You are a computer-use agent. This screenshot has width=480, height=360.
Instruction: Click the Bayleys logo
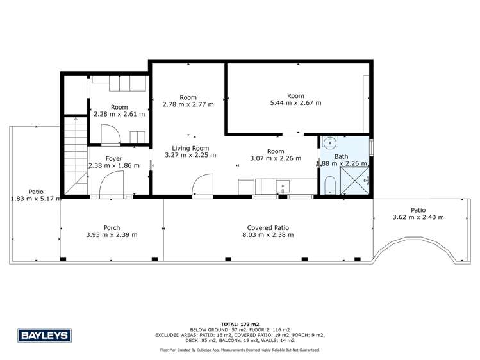click(44, 335)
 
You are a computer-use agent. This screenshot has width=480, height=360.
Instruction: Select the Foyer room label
click(114, 159)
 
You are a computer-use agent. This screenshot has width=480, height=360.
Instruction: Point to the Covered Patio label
click(269, 227)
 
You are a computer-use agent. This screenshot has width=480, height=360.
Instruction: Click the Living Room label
click(190, 147)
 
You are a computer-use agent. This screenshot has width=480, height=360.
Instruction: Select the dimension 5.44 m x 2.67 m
click(295, 102)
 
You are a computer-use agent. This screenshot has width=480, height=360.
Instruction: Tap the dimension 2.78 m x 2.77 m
click(188, 104)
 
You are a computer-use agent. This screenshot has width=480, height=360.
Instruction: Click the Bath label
click(342, 156)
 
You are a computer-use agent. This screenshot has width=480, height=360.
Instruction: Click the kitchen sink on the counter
click(281, 187)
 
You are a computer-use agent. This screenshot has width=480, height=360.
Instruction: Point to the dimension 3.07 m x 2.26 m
click(276, 158)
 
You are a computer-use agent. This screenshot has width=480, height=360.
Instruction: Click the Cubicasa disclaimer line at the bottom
click(240, 350)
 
